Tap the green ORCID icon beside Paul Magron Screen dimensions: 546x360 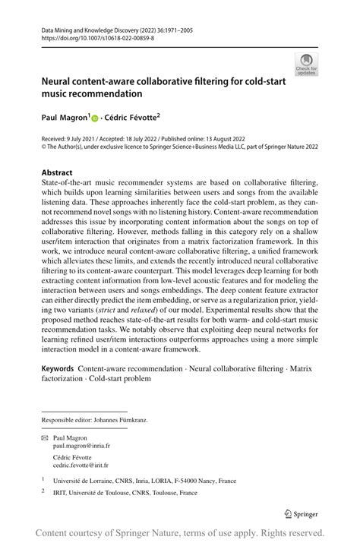(95, 118)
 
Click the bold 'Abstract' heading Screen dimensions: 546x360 (58, 172)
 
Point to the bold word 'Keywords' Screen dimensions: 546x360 (58, 368)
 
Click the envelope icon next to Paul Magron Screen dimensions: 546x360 (46, 439)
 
